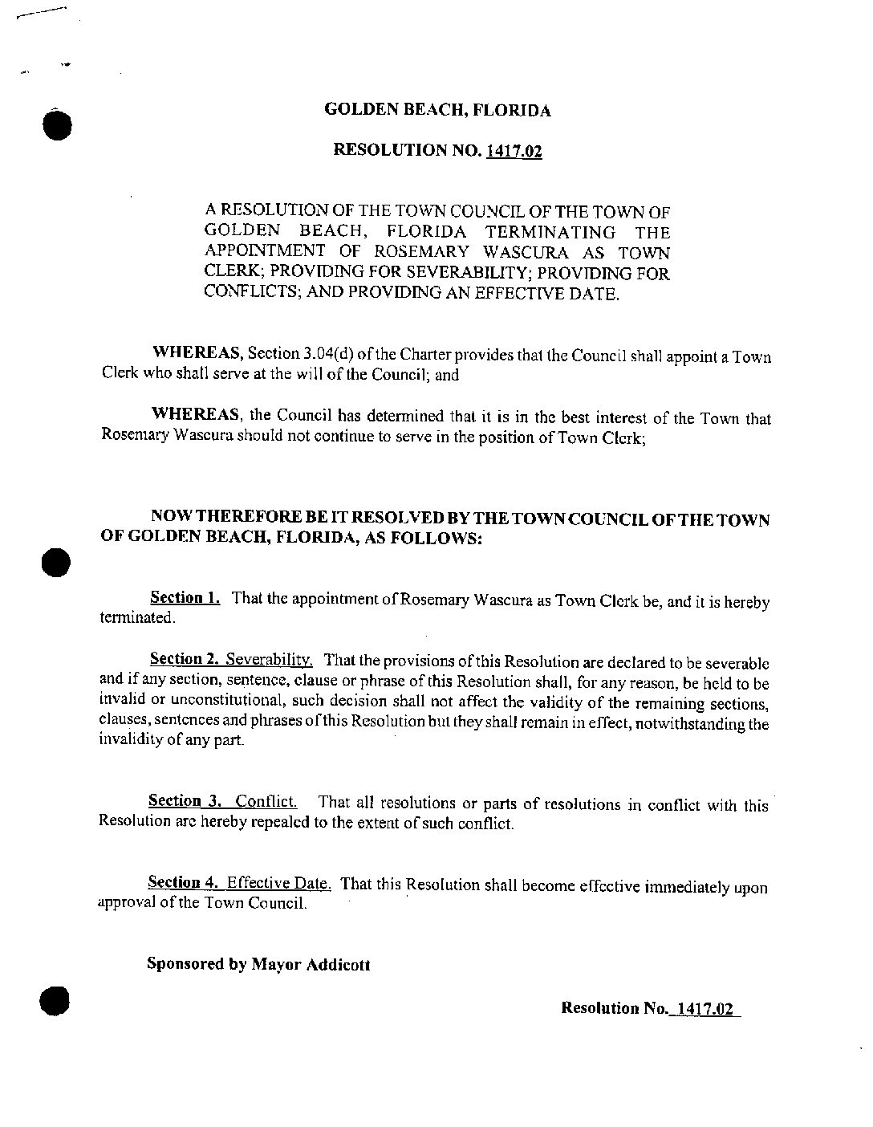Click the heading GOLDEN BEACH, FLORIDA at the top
pyautogui.click(x=437, y=111)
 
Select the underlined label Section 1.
pyautogui.click(x=185, y=598)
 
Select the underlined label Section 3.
pyautogui.click(x=185, y=801)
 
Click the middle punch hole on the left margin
pyautogui.click(x=57, y=562)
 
